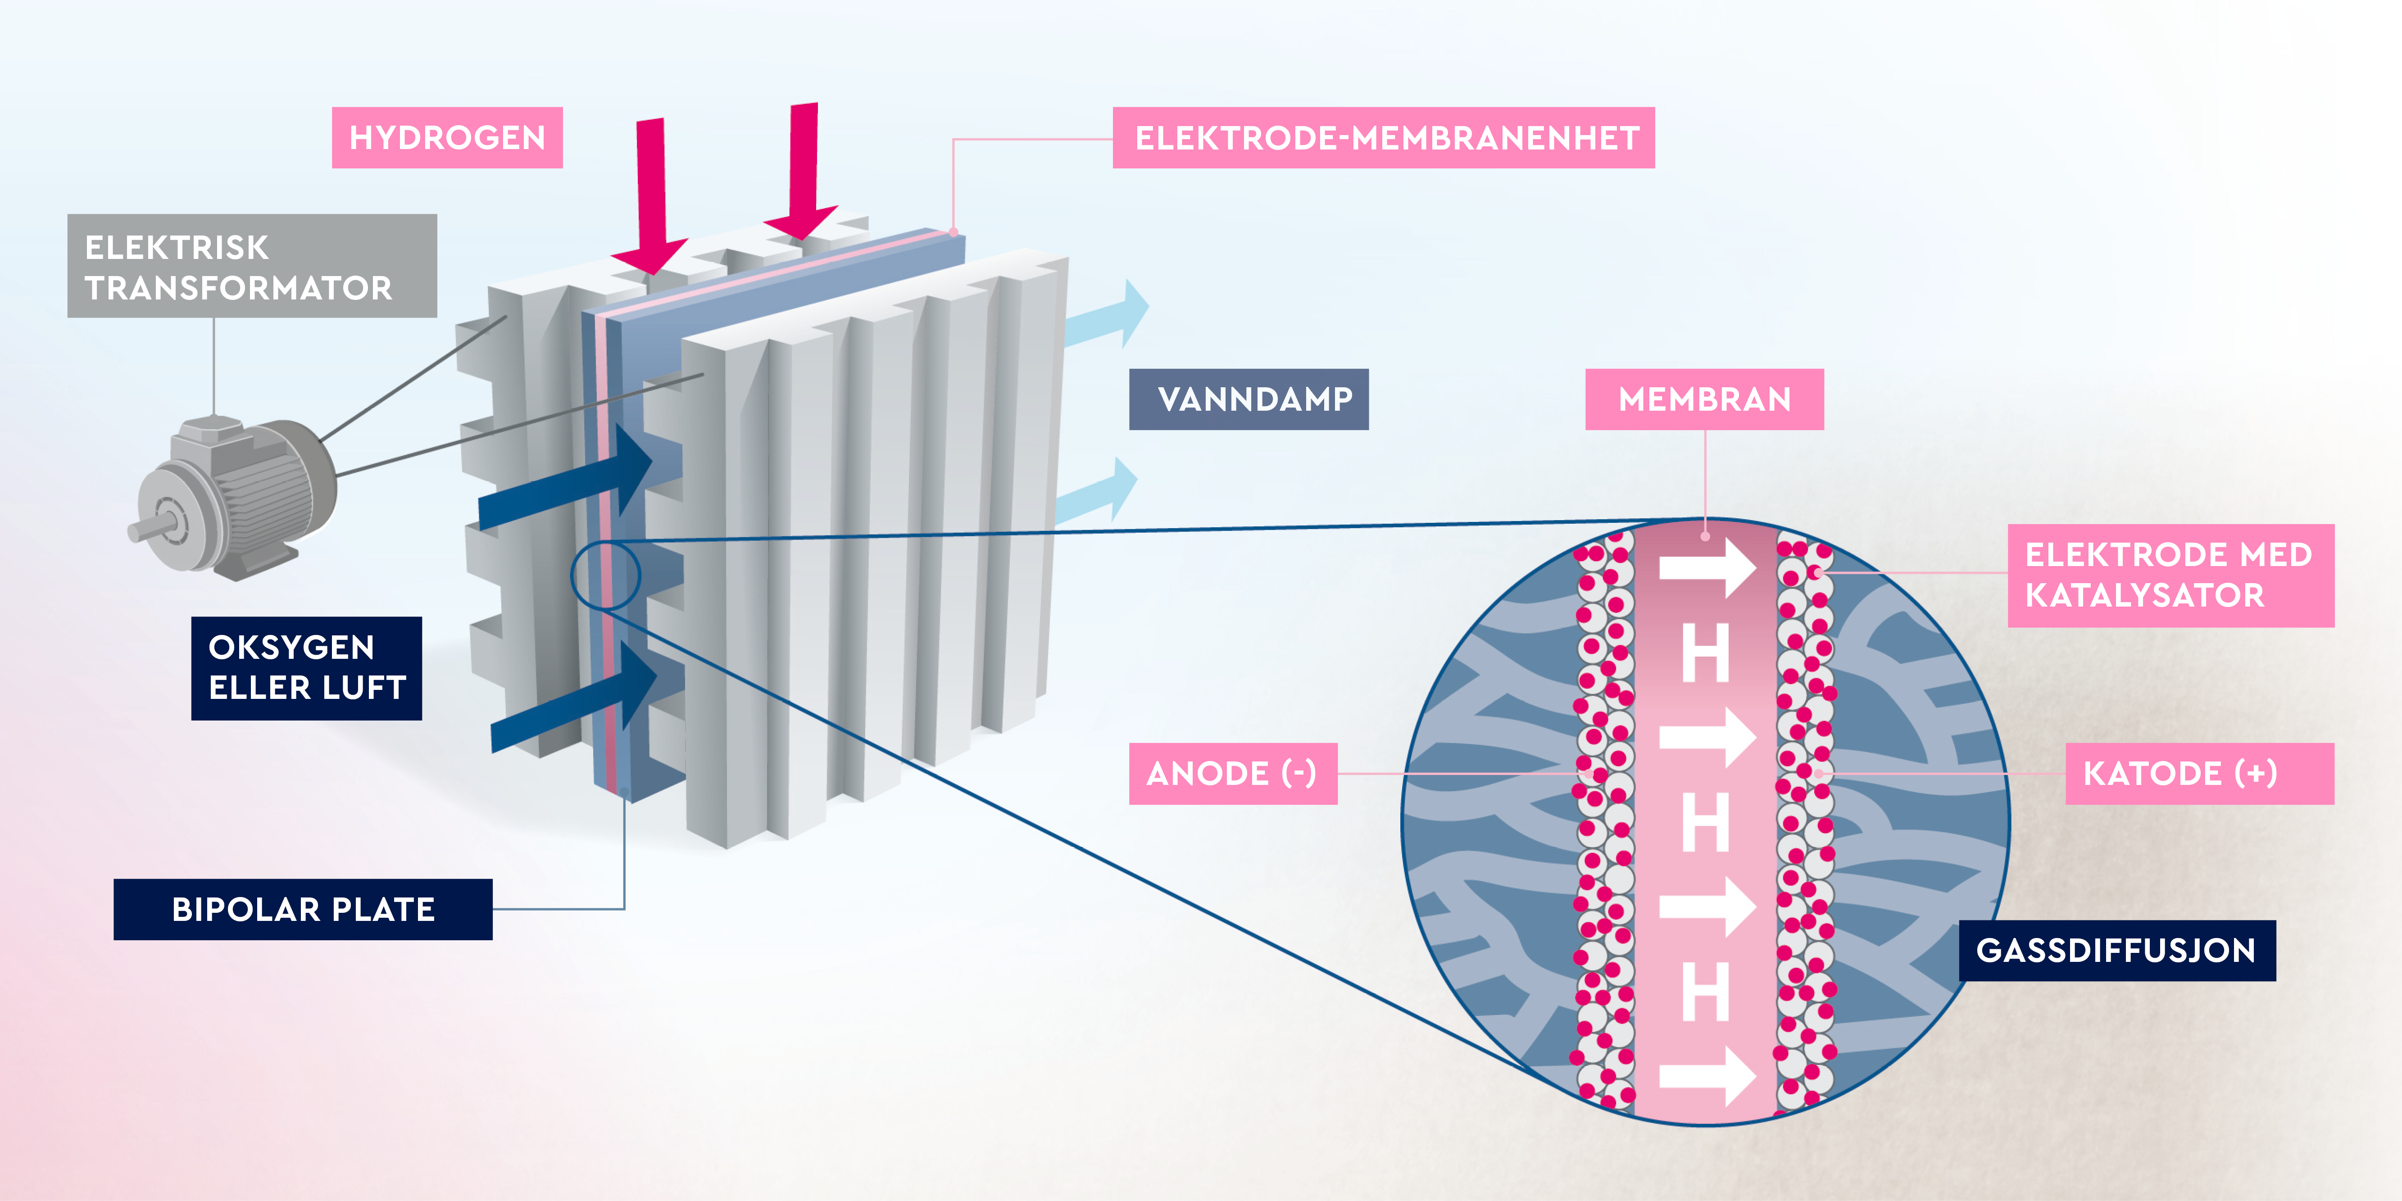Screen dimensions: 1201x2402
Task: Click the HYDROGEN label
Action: click(447, 138)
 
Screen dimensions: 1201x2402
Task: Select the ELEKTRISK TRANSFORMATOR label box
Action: click(252, 267)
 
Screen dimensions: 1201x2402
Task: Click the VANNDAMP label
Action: click(1249, 399)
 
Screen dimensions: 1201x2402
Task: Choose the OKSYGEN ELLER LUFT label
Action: click(306, 668)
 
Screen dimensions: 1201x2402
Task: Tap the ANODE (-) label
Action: click(1233, 773)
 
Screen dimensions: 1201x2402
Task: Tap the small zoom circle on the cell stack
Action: click(605, 576)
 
